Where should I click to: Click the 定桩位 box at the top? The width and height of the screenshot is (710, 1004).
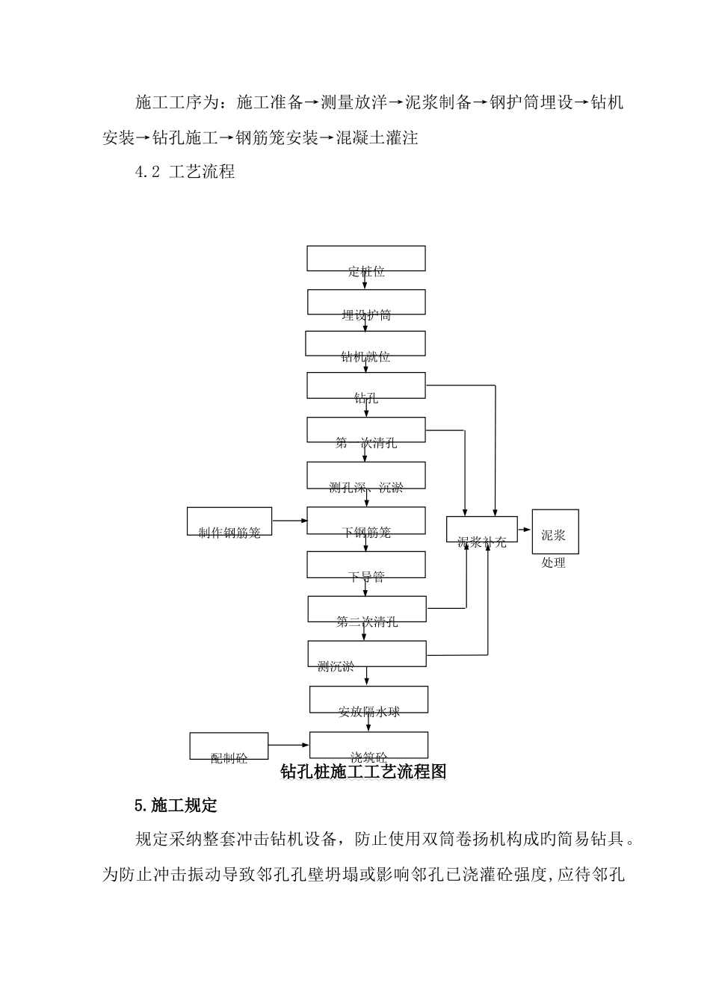[366, 258]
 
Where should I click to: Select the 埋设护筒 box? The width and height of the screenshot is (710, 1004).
[366, 302]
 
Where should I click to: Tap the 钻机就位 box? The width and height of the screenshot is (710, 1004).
[365, 344]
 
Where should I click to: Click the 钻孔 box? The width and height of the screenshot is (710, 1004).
[366, 385]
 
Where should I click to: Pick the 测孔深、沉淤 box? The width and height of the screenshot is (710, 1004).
[366, 475]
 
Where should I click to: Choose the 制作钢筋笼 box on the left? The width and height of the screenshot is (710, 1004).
[229, 521]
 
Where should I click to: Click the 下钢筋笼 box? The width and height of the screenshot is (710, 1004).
[366, 521]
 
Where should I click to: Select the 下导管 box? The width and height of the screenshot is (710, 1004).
[366, 565]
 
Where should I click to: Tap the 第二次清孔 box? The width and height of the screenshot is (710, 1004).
[367, 609]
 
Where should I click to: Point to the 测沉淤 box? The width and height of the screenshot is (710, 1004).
[367, 654]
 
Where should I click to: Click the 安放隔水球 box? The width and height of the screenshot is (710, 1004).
[368, 700]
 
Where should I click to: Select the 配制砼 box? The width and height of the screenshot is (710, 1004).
[229, 746]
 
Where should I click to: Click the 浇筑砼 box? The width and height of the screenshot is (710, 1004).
[368, 745]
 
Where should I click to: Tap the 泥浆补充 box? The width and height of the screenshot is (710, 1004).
[482, 530]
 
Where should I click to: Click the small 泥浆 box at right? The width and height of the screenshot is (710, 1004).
[555, 531]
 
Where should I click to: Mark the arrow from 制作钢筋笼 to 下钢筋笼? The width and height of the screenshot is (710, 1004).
[289, 520]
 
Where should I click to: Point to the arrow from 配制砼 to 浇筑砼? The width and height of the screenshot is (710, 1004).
[288, 745]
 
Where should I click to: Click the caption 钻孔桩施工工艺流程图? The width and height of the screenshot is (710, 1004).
[363, 772]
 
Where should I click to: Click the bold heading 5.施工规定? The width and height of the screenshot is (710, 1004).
[176, 805]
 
